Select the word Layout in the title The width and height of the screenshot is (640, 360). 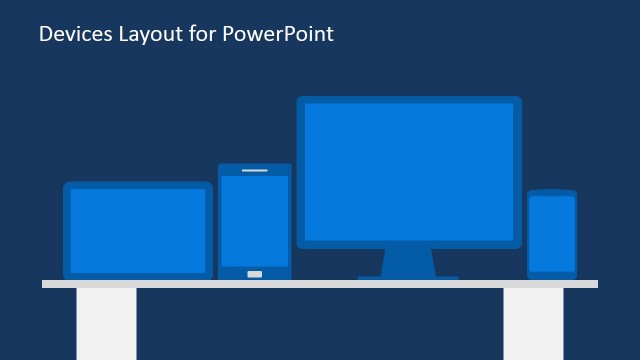click(x=152, y=35)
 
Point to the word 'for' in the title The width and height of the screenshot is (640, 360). click(x=202, y=34)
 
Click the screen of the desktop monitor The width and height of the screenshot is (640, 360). click(x=408, y=171)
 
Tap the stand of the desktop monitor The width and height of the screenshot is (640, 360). click(x=408, y=262)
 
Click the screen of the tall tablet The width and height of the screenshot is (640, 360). click(x=254, y=220)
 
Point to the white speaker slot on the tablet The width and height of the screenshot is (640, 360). click(x=254, y=171)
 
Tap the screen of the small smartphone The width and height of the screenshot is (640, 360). click(x=552, y=233)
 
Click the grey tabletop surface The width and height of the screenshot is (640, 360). click(x=320, y=284)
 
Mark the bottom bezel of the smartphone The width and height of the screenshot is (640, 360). click(x=552, y=274)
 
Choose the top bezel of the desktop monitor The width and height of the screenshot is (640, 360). click(x=408, y=100)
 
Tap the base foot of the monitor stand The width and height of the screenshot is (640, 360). click(x=408, y=277)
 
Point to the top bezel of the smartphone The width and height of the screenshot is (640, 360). click(x=552, y=192)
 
